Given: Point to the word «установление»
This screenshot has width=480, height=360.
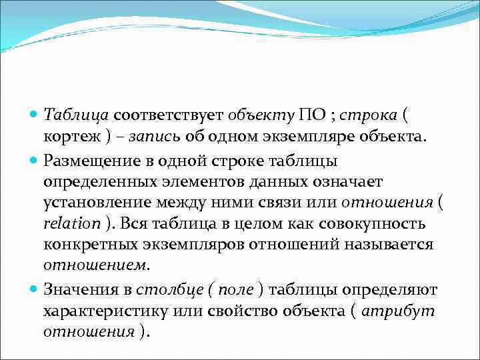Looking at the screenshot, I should (x=93, y=203).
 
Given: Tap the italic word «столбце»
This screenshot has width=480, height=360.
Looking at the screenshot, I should (x=162, y=289).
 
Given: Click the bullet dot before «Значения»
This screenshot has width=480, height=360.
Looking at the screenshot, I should (x=35, y=289).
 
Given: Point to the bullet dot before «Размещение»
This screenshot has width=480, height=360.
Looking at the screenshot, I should (x=35, y=160).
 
